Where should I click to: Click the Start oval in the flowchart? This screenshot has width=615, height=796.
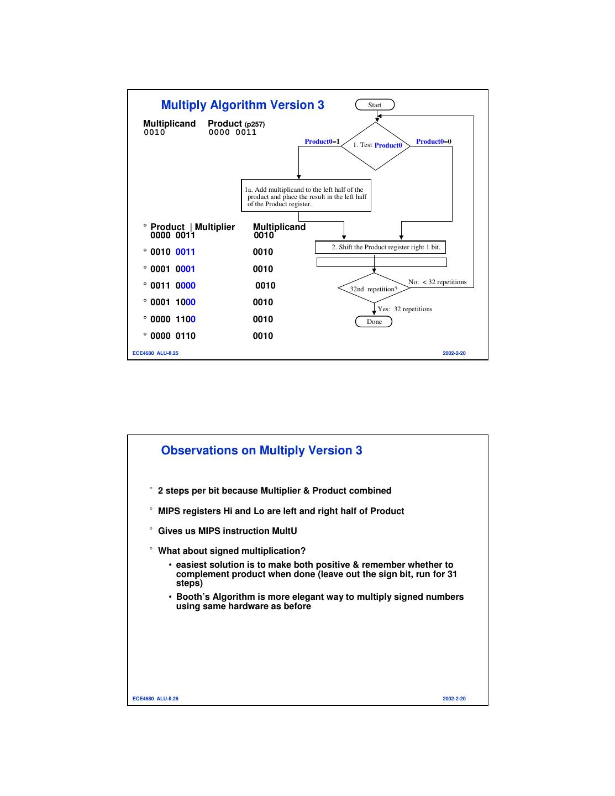click(x=375, y=105)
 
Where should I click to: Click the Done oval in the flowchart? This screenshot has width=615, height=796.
click(x=374, y=322)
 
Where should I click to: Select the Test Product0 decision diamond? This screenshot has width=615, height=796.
click(x=376, y=145)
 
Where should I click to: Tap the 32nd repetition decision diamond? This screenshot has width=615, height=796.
click(x=374, y=289)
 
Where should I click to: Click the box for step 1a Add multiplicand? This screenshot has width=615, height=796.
click(x=306, y=196)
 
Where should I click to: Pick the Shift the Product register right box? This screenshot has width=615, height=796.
click(x=380, y=247)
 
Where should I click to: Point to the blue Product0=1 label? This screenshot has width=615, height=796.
click(x=322, y=142)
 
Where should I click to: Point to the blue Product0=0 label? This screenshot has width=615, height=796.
click(x=433, y=142)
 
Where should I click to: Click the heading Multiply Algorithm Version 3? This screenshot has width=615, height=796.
click(x=243, y=105)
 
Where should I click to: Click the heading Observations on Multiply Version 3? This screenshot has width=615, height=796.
click(x=261, y=451)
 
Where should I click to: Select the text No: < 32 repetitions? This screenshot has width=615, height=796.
click(x=437, y=282)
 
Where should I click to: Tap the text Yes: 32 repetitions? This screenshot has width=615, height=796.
click(x=404, y=309)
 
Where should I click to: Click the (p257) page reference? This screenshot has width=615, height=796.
click(x=255, y=124)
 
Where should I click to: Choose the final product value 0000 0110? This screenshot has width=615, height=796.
click(x=172, y=336)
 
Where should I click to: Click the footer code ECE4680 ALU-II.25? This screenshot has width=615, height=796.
click(x=155, y=353)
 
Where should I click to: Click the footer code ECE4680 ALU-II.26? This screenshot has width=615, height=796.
click(x=155, y=699)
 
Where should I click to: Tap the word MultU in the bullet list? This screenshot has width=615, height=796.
click(x=285, y=531)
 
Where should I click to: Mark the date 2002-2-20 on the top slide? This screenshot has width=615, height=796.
click(x=454, y=353)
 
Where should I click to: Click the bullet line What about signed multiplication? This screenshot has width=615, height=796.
click(x=232, y=551)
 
